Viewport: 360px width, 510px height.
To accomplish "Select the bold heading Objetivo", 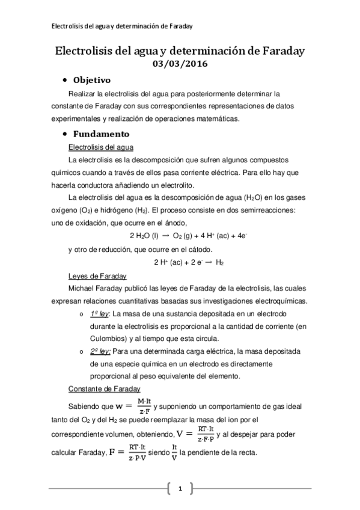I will click(x=91, y=80).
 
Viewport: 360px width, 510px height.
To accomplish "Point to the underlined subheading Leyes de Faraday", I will click(x=97, y=276).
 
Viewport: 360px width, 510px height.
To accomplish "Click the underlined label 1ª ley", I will click(x=99, y=314).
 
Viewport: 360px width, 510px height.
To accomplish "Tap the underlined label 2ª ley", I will click(x=99, y=351).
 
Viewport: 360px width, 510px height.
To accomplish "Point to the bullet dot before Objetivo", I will click(x=64, y=80).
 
